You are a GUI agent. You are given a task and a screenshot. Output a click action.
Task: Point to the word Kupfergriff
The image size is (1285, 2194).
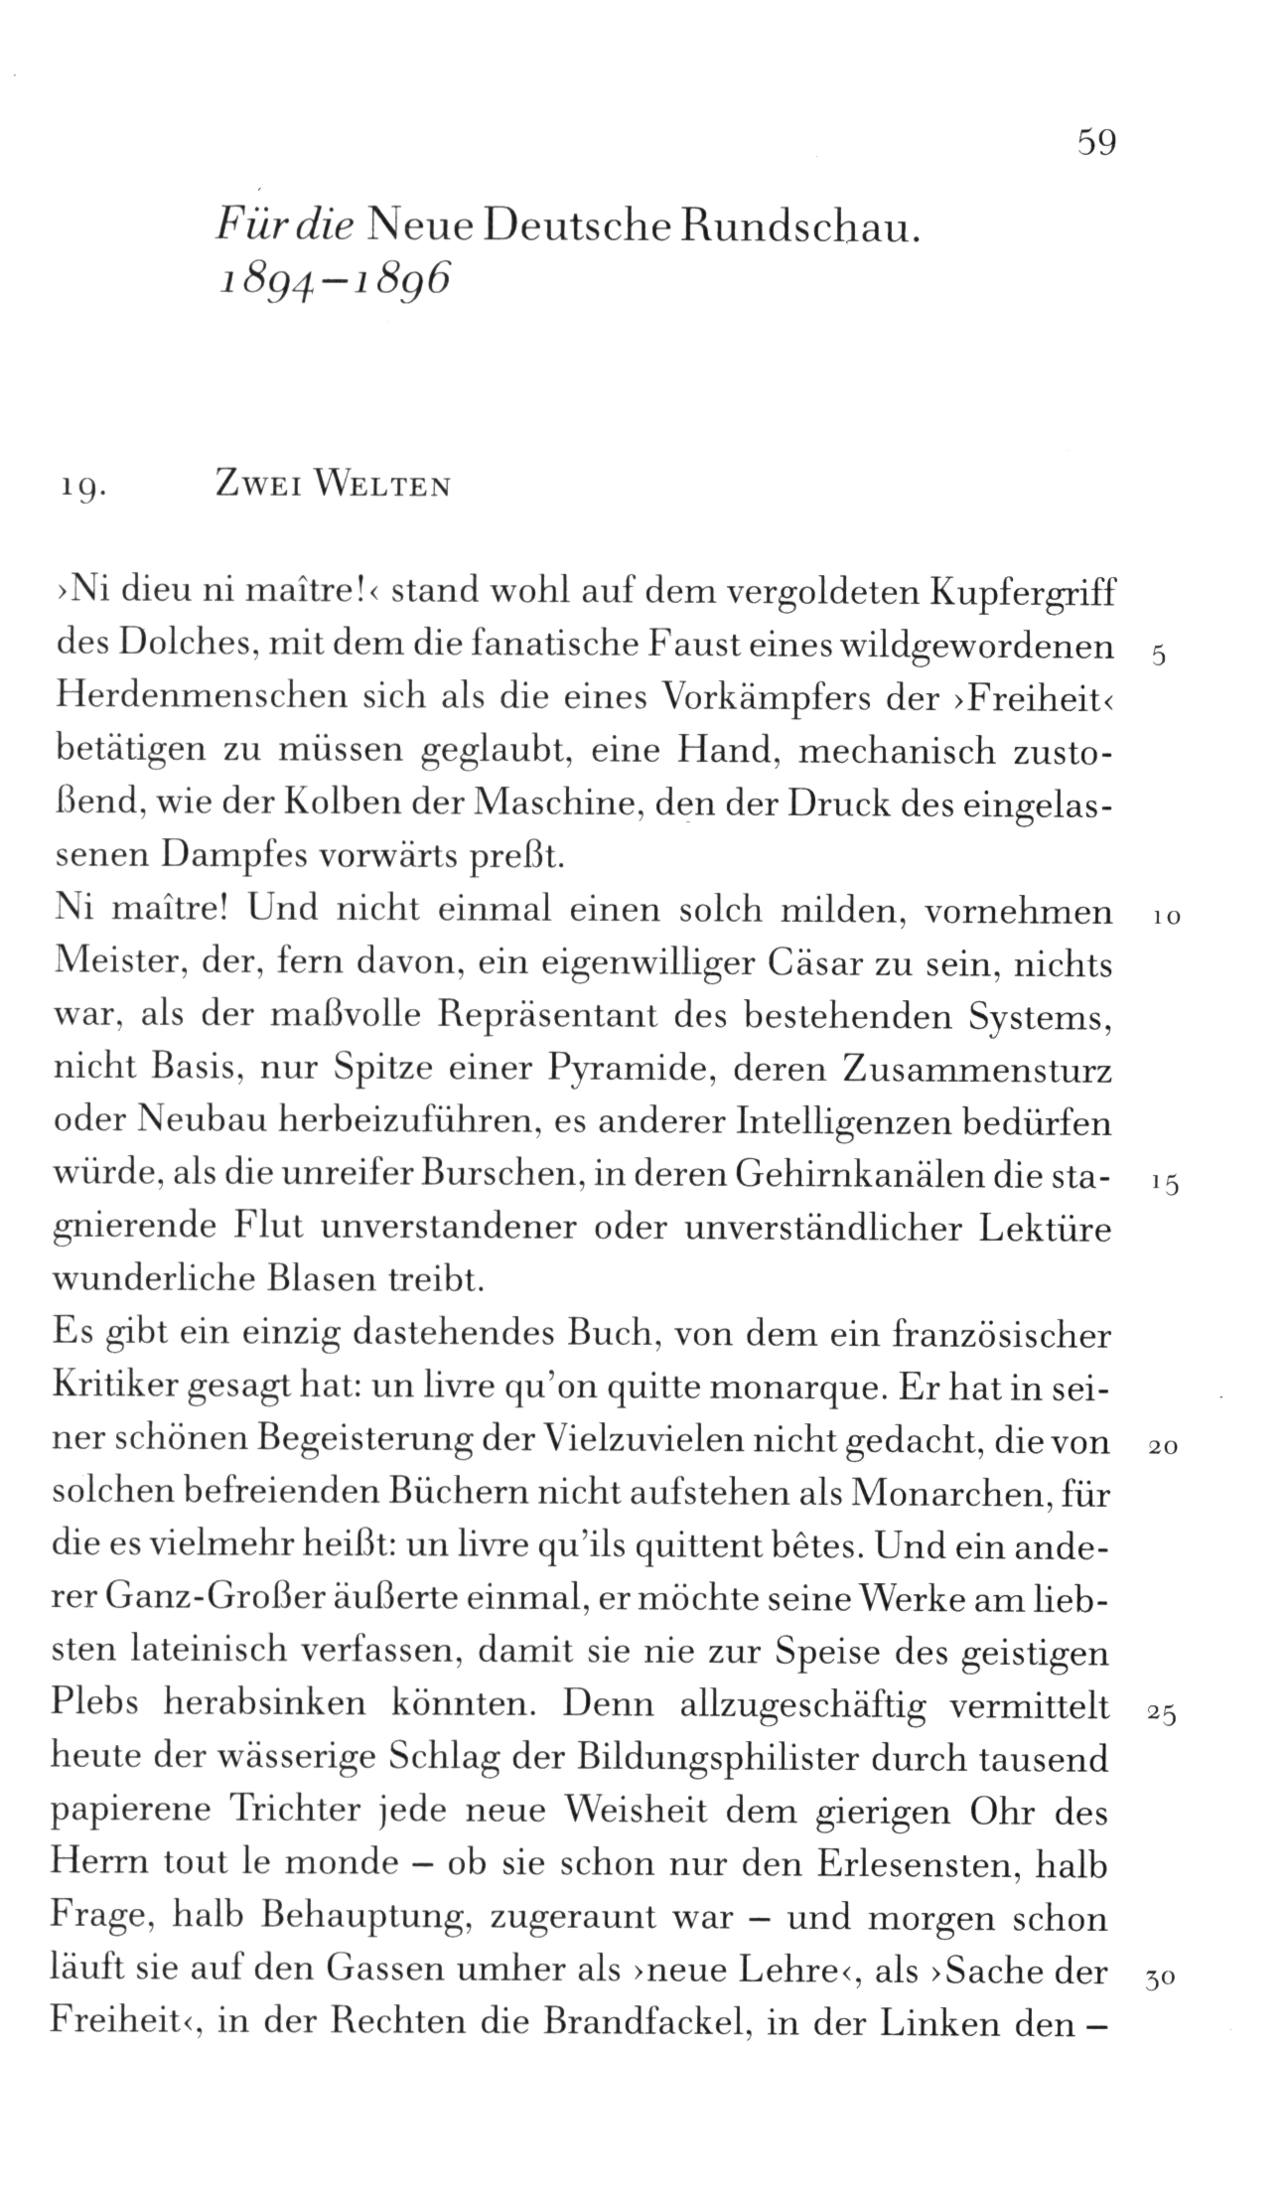point(1023,597)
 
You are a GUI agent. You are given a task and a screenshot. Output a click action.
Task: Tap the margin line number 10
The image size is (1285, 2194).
point(1166,919)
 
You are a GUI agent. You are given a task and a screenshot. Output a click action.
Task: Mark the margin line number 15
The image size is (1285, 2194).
point(1165,1184)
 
